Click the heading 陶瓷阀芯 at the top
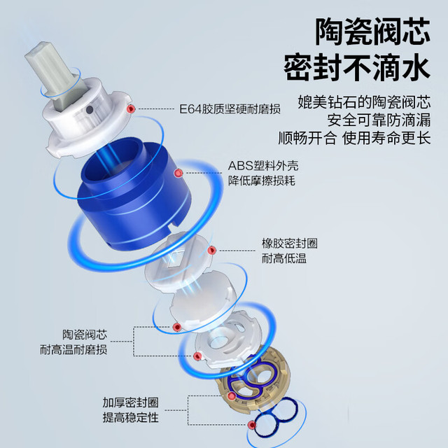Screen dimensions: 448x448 click(372, 31)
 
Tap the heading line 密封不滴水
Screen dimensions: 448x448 click(357, 67)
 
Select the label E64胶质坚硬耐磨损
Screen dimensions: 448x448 click(230, 109)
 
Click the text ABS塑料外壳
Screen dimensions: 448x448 click(263, 166)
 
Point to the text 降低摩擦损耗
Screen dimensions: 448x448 click(261, 181)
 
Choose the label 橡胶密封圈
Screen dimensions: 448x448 click(290, 244)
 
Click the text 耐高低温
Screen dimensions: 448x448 click(284, 258)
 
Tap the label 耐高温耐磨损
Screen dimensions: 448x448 click(73, 350)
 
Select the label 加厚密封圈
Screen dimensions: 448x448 click(131, 402)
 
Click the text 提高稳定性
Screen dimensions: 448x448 click(131, 418)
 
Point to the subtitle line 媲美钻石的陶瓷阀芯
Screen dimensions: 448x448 click(364, 102)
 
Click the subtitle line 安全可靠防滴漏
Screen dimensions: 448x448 click(379, 120)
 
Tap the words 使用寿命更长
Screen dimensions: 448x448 click(386, 139)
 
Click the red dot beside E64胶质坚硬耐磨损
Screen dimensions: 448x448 click(131, 109)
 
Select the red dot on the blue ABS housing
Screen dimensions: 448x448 click(178, 173)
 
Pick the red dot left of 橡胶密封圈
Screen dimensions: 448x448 click(211, 251)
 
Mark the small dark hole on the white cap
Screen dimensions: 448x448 click(90, 110)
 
